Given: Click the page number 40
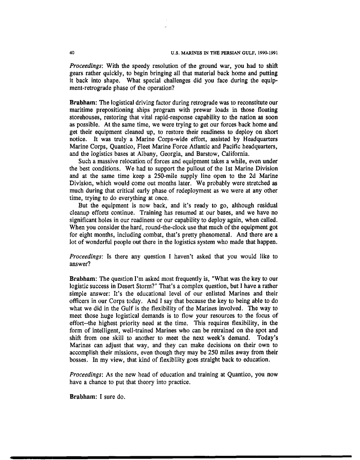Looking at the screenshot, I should [x=72, y=53].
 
